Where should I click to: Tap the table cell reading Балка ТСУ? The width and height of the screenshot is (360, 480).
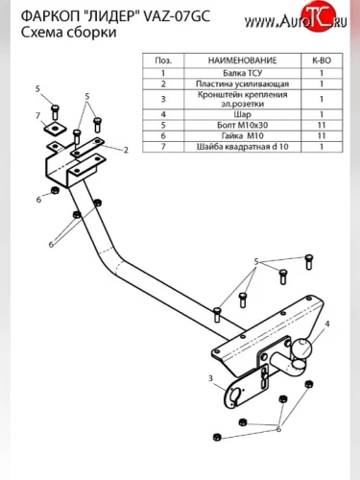(242, 73)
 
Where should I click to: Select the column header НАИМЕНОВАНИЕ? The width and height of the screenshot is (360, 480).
(242, 60)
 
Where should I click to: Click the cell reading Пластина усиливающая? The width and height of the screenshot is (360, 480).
(242, 84)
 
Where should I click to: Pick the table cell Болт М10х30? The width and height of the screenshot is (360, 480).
(242, 125)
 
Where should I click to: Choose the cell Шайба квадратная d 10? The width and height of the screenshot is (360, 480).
(242, 147)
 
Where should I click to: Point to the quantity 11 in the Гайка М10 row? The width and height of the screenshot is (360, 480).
(322, 135)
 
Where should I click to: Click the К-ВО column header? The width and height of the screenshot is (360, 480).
(322, 60)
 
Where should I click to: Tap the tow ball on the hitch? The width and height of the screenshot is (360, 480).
(300, 348)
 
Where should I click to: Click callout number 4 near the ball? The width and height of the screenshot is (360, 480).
(326, 324)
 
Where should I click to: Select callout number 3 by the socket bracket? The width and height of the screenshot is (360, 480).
(210, 378)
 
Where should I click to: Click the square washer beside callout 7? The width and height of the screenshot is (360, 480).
(55, 128)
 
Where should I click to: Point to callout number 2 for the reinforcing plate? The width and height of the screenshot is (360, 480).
(126, 150)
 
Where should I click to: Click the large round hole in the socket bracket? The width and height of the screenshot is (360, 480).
(236, 395)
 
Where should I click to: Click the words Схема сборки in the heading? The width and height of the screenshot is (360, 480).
(68, 33)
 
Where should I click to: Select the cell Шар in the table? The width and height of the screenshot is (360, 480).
(242, 114)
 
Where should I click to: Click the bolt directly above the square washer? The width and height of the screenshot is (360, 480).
(55, 112)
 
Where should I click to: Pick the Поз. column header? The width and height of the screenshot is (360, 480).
(163, 60)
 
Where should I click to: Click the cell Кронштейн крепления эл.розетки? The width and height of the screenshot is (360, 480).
(242, 99)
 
